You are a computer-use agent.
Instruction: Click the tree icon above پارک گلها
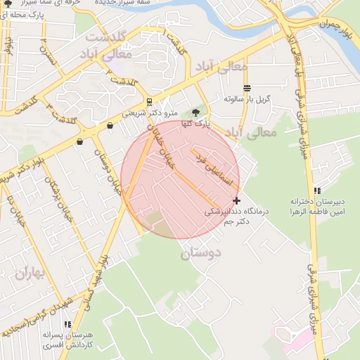(x=195, y=112)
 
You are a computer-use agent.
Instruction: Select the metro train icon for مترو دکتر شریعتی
(x=149, y=101)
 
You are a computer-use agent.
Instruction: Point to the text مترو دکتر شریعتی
(x=150, y=112)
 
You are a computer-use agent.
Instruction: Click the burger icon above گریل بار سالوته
(x=247, y=88)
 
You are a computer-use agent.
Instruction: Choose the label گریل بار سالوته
(x=247, y=99)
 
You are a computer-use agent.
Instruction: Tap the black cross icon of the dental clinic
(x=236, y=200)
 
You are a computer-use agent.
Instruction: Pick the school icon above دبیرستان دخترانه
(x=318, y=190)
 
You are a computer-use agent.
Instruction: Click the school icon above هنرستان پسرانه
(x=67, y=324)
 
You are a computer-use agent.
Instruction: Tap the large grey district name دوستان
(x=200, y=253)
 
